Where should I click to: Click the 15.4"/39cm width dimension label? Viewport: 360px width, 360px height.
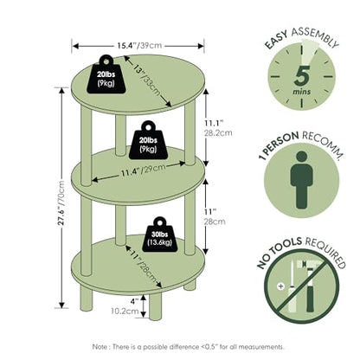(139, 46)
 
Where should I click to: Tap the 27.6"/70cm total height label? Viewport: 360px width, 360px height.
(61, 202)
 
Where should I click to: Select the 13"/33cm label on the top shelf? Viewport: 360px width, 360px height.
(148, 81)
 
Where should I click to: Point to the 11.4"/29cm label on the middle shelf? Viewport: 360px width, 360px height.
(143, 170)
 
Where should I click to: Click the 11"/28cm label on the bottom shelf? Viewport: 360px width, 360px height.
(144, 267)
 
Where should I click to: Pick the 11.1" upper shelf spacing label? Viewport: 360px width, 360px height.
(215, 123)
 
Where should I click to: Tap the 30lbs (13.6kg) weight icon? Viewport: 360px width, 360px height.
(160, 235)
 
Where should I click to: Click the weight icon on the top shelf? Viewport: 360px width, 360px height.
(106, 74)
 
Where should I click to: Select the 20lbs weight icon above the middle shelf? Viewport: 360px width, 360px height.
(148, 140)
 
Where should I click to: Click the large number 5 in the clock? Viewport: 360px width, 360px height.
(302, 76)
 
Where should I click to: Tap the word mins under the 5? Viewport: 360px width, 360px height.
(302, 92)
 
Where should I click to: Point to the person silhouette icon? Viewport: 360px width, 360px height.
(301, 180)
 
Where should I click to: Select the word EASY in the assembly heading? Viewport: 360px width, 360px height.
(276, 40)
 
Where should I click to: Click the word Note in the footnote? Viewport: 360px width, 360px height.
(100, 346)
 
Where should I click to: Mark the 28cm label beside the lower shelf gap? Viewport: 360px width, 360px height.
(215, 222)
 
